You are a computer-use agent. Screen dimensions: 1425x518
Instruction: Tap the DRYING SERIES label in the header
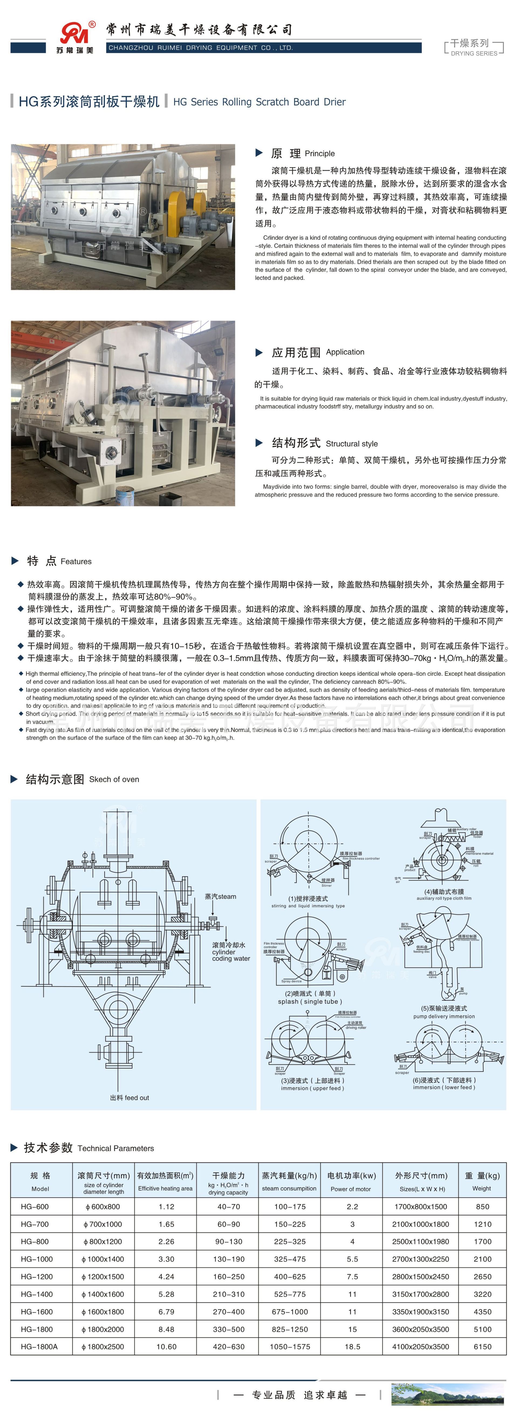pos(474,54)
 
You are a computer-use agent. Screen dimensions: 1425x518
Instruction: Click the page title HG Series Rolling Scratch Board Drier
pos(259,102)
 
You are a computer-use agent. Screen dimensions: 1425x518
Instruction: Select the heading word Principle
pos(319,154)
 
